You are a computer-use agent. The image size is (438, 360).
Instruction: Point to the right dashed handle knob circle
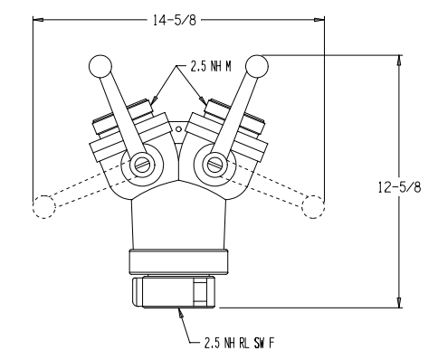(312, 206)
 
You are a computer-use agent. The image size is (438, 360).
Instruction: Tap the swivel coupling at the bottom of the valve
(177, 292)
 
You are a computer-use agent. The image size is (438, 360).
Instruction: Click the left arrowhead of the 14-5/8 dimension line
(37, 17)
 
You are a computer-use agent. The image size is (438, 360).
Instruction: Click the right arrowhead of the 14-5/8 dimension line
(319, 17)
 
